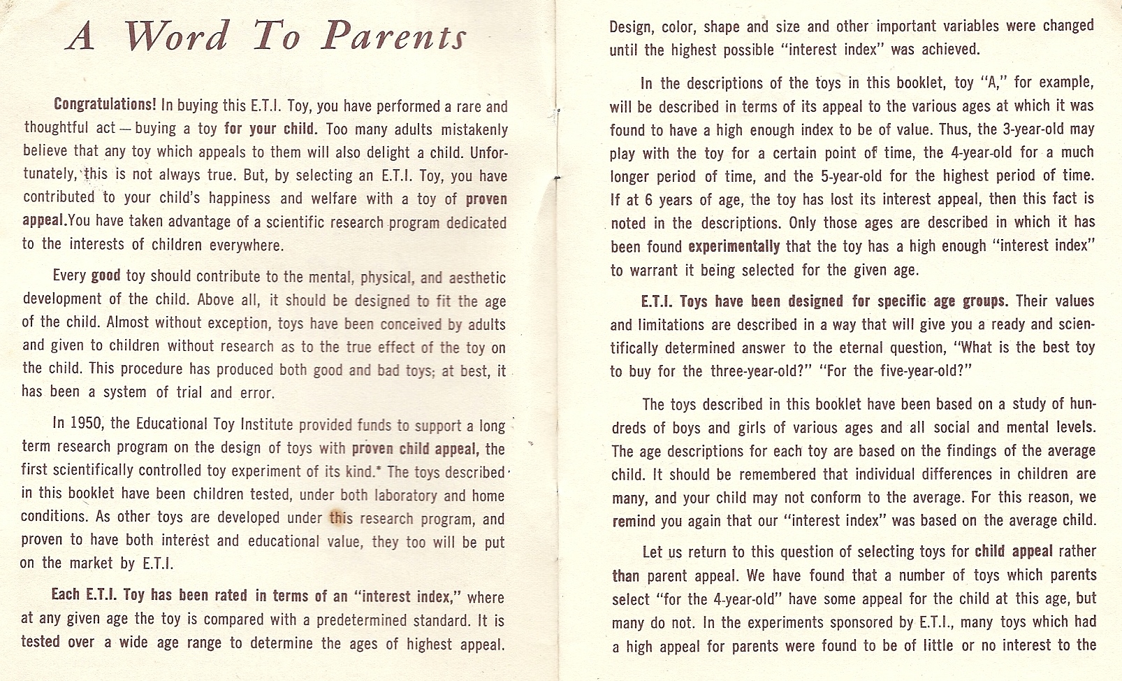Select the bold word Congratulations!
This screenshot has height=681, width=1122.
(105, 105)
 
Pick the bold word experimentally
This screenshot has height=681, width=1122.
(734, 246)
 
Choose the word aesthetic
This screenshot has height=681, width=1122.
(477, 278)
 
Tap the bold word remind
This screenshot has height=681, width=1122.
(633, 521)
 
